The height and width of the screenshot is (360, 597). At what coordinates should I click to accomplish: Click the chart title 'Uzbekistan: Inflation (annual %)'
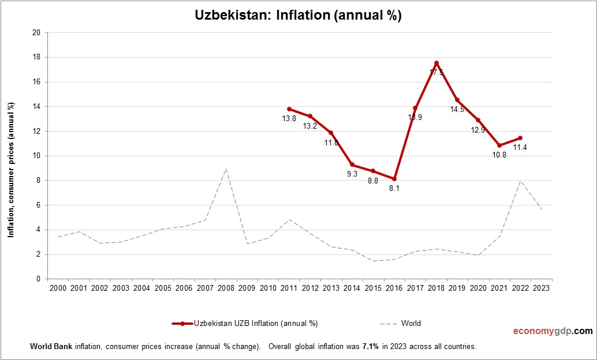pyautogui.click(x=298, y=16)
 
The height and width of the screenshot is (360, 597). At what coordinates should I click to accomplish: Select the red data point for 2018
pyautogui.click(x=436, y=63)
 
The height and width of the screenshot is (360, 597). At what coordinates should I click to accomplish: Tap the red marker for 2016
pyautogui.click(x=394, y=179)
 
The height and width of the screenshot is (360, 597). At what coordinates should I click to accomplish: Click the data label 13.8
pyautogui.click(x=289, y=119)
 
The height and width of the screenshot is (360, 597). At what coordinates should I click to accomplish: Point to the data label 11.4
pyautogui.click(x=520, y=148)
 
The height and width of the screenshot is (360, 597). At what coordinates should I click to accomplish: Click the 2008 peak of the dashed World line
pyautogui.click(x=226, y=169)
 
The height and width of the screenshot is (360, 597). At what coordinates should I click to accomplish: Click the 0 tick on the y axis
pyautogui.click(x=38, y=279)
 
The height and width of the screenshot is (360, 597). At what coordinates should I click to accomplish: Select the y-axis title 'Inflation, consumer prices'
pyautogui.click(x=11, y=170)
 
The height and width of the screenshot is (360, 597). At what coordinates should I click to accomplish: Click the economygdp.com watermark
pyautogui.click(x=553, y=331)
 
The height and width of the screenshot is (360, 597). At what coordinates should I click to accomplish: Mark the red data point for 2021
pyautogui.click(x=499, y=145)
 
